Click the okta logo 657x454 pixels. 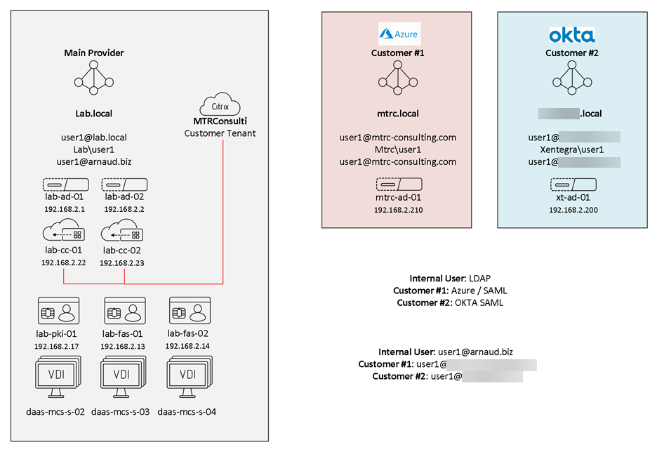(x=571, y=34)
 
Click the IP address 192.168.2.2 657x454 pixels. (x=124, y=209)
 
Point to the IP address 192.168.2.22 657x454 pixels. (x=63, y=262)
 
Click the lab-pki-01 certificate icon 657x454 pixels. (x=59, y=310)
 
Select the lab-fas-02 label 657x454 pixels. (x=188, y=333)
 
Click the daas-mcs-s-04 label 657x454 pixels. (x=187, y=412)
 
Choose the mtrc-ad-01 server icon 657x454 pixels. (x=398, y=185)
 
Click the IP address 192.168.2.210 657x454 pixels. (x=398, y=210)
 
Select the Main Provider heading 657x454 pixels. (x=93, y=53)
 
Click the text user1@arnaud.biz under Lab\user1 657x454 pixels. (x=93, y=161)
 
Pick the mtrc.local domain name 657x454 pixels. (x=398, y=113)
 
